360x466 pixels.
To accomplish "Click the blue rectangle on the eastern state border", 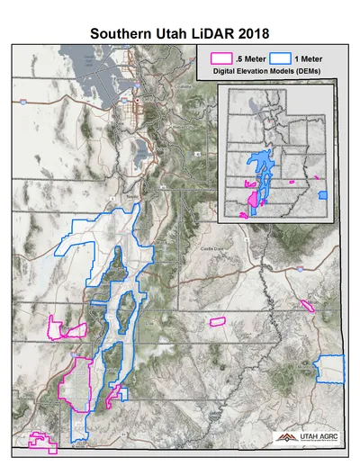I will click(x=332, y=369).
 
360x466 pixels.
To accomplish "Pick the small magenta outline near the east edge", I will click(x=309, y=307).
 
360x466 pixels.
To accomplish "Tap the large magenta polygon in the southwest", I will click(x=76, y=382).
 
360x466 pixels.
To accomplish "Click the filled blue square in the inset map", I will click(x=324, y=193).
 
